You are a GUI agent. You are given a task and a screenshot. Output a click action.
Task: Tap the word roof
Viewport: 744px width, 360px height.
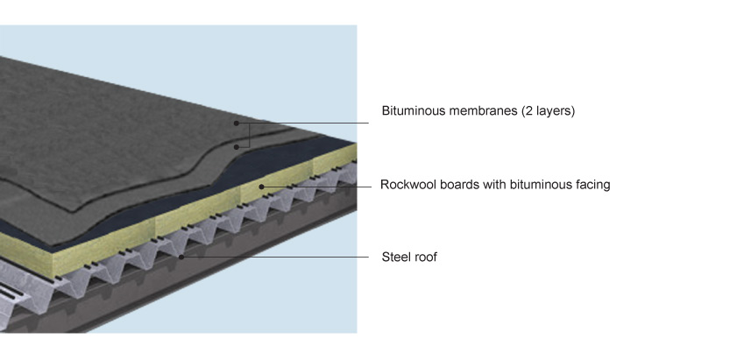click(425, 258)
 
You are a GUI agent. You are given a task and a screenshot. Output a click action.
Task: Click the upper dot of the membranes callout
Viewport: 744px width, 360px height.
click(236, 124)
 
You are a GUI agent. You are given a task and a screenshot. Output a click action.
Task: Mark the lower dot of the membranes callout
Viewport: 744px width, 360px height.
click(237, 147)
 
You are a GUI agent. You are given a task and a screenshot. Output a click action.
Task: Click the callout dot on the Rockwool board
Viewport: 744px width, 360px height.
click(261, 187)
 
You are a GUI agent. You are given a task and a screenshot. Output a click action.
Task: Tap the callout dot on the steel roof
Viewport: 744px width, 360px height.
click(181, 258)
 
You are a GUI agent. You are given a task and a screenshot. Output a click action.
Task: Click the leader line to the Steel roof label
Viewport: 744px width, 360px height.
click(275, 258)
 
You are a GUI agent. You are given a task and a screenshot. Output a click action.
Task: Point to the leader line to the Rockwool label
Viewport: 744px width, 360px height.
click(316, 187)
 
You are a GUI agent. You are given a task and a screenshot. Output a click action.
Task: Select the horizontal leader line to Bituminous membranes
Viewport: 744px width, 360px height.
click(302, 124)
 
